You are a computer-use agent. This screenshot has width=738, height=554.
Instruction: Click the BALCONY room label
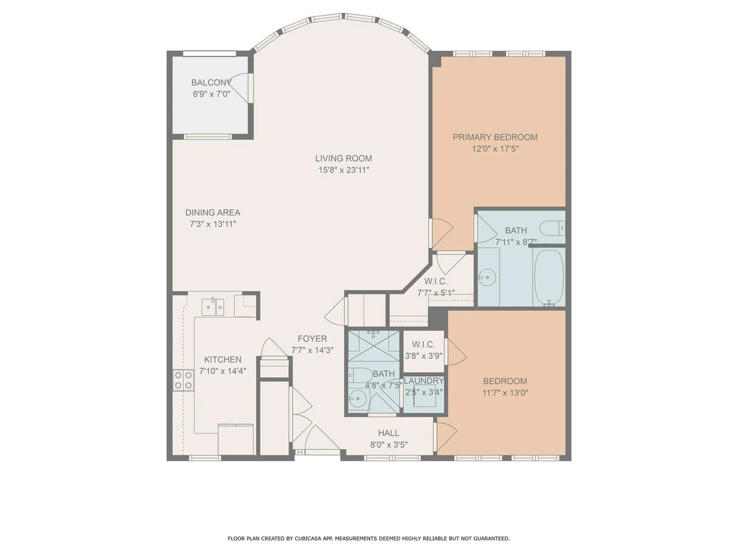pyautogui.click(x=211, y=82)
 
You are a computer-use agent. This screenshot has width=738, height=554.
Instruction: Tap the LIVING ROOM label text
pyautogui.click(x=344, y=158)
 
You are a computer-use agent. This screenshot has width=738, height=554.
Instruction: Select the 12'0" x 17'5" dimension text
pyautogui.click(x=495, y=149)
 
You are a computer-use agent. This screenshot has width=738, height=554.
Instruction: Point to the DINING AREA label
pyautogui.click(x=213, y=212)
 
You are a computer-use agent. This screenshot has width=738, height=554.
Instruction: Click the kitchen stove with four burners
pyautogui.click(x=183, y=380)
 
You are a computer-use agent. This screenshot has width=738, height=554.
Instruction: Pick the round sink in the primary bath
pyautogui.click(x=487, y=277)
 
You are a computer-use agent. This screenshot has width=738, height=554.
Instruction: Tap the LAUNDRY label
pyautogui.click(x=424, y=380)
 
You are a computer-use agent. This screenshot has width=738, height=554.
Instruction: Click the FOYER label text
pyautogui.click(x=312, y=339)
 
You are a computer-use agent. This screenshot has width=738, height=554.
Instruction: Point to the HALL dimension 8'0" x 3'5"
pyautogui.click(x=389, y=445)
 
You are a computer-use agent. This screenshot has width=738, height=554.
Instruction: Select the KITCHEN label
pyautogui.click(x=223, y=359)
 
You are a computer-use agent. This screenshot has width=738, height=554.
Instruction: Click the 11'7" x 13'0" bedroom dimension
pyautogui.click(x=505, y=393)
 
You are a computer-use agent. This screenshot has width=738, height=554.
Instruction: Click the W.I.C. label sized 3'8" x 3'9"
pyautogui.click(x=423, y=344)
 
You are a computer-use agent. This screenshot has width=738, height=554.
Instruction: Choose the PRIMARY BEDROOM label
pyautogui.click(x=495, y=137)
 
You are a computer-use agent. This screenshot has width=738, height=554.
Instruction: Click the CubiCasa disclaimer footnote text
pyautogui.click(x=369, y=539)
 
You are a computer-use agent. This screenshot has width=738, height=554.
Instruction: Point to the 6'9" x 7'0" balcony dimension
pyautogui.click(x=211, y=94)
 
